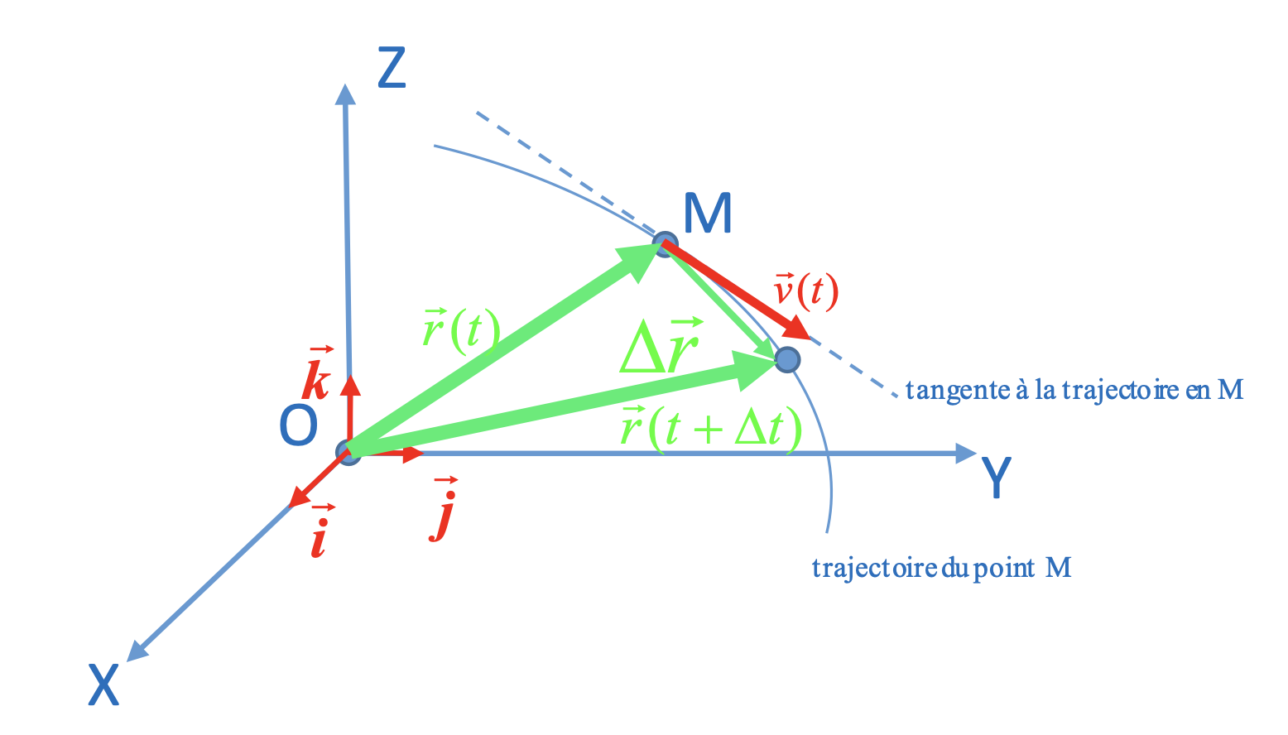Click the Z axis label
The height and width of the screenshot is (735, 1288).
pos(392,69)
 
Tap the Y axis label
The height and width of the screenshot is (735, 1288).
pos(996,478)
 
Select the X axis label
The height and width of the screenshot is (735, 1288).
pos(104,685)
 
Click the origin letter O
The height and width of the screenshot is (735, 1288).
pos(298,426)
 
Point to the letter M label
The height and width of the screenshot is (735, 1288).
pos(708,214)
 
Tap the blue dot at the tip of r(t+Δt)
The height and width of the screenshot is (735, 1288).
pos(787,359)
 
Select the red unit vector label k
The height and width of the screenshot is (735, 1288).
pos(316,377)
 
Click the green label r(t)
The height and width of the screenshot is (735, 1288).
pos(460,330)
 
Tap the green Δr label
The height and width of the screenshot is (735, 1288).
pos(661,346)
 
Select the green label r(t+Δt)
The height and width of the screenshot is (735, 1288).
pos(711,429)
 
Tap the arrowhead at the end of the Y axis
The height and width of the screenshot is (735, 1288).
pos(966,453)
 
